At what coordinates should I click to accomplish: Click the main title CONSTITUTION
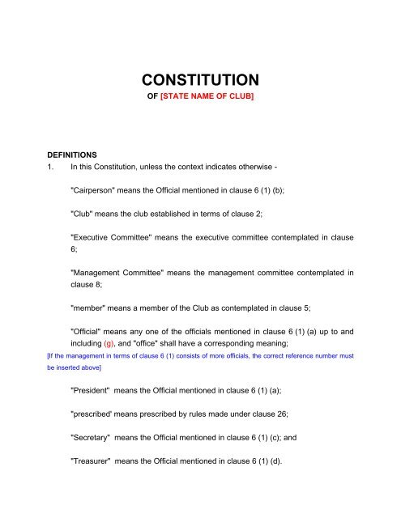pos(200,80)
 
